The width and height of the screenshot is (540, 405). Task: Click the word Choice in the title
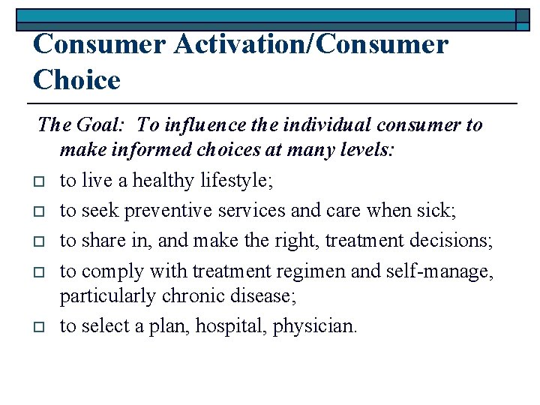tap(76, 79)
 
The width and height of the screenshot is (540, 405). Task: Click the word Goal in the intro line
tap(104, 124)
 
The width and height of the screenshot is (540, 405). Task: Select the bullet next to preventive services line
tap(40, 211)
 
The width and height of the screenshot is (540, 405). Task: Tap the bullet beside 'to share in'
tap(40, 240)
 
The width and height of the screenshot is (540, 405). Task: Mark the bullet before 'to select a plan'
tap(40, 327)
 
